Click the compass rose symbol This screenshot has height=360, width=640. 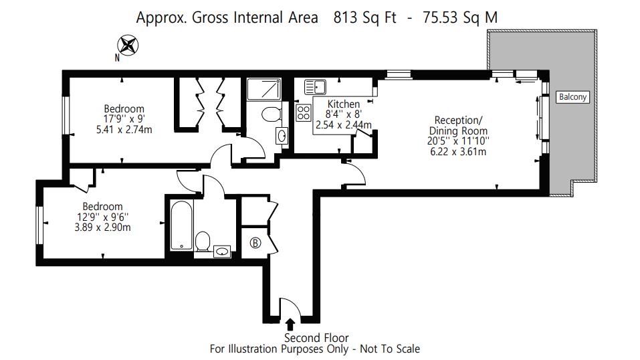128,46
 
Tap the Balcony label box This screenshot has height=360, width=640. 572,97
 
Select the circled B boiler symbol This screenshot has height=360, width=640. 255,243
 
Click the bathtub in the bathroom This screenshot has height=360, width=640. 181,225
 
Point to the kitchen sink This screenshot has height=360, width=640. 315,86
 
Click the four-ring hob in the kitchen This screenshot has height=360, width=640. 303,113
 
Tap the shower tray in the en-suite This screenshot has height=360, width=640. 264,89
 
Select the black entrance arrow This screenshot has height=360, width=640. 290,325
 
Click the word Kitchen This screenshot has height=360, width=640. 344,104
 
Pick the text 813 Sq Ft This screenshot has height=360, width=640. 364,17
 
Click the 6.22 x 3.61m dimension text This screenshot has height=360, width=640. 458,152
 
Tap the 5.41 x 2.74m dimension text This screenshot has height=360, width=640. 124,130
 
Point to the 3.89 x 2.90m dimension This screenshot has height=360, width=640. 102,228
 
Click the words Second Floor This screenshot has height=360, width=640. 316,338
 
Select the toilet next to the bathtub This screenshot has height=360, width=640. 203,241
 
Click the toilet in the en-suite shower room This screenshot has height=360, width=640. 272,114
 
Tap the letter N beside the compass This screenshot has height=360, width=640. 117,58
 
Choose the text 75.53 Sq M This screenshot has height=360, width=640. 460,17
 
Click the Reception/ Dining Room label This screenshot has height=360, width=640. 458,125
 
